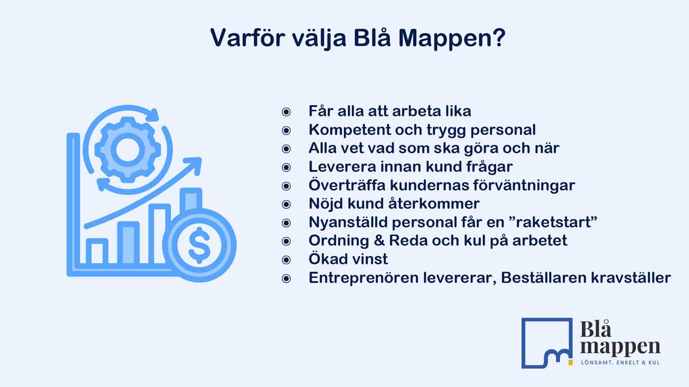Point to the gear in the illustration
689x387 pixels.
pos(124,150)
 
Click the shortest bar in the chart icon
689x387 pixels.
pos(96,251)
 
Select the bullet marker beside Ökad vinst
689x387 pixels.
pos(287,259)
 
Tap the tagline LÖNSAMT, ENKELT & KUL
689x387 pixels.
pos(620,363)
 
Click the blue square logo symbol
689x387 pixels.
pos(546,342)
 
